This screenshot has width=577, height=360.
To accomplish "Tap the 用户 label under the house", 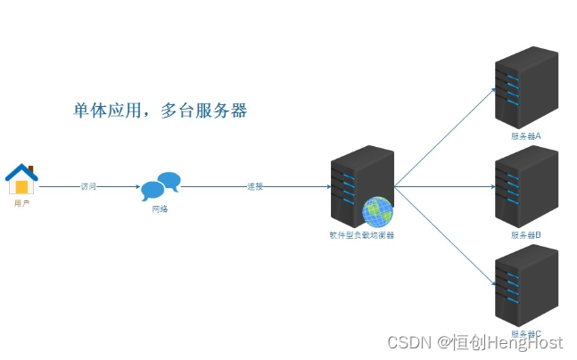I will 21,203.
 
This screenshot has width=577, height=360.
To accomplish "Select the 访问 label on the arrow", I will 87,187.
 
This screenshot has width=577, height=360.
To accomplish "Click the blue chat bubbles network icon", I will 161,184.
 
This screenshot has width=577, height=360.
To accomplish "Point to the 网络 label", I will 160,209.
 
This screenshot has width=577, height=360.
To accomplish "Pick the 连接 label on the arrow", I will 256,187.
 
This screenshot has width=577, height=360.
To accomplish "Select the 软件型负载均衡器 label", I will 361,236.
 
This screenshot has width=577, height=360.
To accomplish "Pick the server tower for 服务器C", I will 526,287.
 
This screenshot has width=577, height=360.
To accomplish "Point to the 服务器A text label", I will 526,136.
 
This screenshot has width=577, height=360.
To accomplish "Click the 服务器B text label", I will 526,235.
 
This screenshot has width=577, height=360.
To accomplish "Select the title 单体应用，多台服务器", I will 160,111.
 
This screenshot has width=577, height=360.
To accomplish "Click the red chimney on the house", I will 30,168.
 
